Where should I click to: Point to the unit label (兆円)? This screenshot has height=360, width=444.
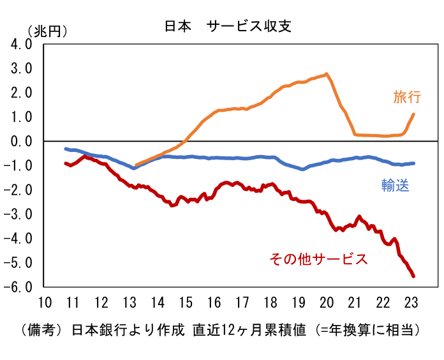[x=47, y=31]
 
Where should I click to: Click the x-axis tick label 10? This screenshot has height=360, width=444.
[x=45, y=303]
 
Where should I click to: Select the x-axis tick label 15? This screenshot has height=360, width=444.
[x=186, y=303]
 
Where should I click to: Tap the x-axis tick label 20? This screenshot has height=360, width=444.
[x=327, y=303]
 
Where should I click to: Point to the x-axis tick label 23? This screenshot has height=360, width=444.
[x=411, y=303]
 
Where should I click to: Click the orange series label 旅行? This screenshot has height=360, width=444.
[x=407, y=97]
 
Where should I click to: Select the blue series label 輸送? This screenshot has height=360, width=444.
[x=395, y=186]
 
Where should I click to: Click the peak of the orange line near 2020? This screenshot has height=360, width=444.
[x=327, y=74]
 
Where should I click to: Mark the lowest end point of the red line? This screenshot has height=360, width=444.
[x=413, y=276]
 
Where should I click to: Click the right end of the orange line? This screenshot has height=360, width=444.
[x=413, y=115]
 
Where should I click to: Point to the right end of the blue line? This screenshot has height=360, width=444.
[x=413, y=163]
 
